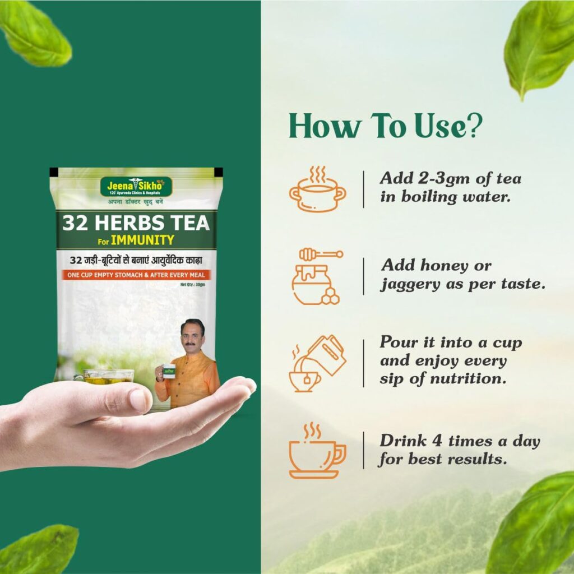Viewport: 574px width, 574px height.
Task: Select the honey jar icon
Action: [x=316, y=277]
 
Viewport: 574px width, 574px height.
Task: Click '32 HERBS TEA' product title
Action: [x=136, y=223]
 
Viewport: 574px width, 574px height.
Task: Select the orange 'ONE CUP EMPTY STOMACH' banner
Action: [x=136, y=274]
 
